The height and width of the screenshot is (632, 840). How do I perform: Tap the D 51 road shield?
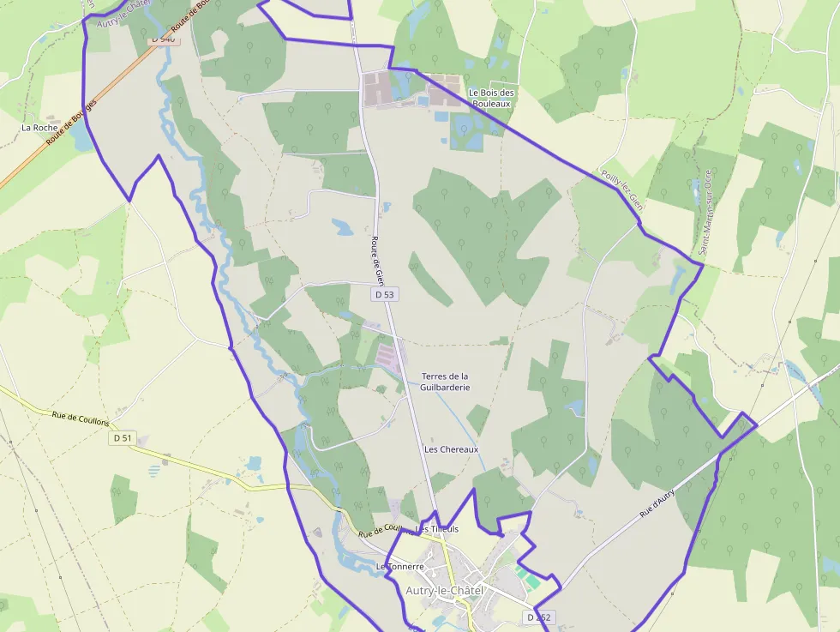[x=123, y=438]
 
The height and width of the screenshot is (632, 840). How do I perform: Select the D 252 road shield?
[x=540, y=617]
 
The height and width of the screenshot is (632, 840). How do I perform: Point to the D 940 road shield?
[x=162, y=39]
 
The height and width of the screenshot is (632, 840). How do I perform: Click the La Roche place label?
[x=39, y=128]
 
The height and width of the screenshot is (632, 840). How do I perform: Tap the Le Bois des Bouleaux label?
[x=491, y=98]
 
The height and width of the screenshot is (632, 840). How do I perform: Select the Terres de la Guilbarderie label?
[x=445, y=382]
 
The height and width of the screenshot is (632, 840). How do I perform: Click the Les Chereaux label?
[x=451, y=449]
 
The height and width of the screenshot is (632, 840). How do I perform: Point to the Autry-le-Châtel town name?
[x=445, y=591]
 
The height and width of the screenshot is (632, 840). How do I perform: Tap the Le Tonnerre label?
[x=400, y=567]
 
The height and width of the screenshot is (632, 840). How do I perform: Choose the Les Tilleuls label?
[x=437, y=529]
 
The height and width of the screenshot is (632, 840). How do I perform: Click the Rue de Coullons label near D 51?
[x=81, y=418]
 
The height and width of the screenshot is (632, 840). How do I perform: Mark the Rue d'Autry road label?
[x=657, y=503]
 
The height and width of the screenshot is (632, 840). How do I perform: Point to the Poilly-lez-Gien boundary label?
[x=622, y=190]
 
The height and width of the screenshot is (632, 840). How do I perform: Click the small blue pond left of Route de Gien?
[x=343, y=227]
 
